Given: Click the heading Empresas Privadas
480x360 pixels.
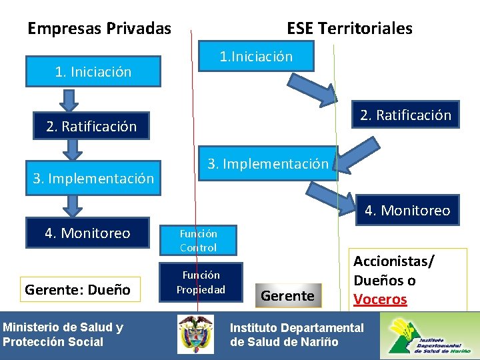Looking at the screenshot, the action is [x=99, y=29].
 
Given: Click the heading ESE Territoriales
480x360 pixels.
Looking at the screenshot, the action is [x=349, y=29].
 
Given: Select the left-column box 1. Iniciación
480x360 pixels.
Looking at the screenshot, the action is [x=93, y=71].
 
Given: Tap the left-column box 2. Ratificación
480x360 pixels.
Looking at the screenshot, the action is [x=91, y=126].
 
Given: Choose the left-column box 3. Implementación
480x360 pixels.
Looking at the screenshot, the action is [x=93, y=178].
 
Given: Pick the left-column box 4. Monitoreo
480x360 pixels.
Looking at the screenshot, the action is [x=87, y=233].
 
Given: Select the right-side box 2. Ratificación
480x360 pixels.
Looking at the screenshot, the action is [x=405, y=115].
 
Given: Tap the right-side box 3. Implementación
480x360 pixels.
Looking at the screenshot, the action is [x=268, y=163].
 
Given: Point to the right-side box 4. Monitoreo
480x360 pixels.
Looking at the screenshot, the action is [x=407, y=211].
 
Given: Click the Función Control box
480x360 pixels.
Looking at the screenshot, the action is [x=198, y=241].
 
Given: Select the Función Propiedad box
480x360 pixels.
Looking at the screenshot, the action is [x=201, y=282].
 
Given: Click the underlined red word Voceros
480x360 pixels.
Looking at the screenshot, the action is [x=380, y=299].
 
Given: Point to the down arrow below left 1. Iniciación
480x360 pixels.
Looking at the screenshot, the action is [x=69, y=100].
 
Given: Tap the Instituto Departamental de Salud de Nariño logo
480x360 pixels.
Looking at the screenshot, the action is [x=429, y=335].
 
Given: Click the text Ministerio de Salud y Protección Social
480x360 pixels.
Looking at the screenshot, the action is [x=63, y=335].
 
